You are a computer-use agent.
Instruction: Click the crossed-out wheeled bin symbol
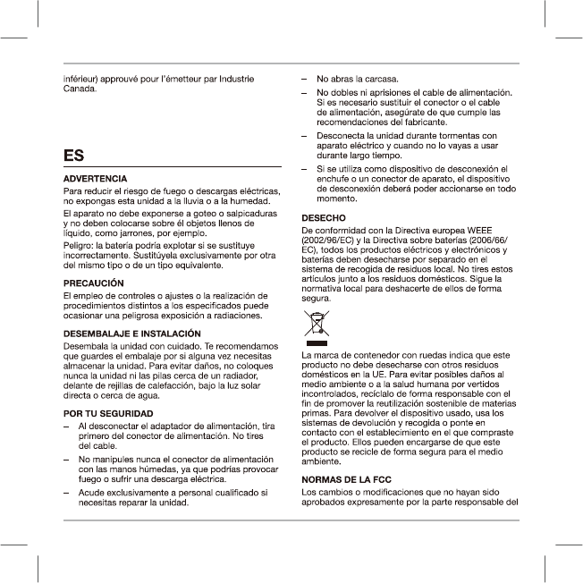[317, 325]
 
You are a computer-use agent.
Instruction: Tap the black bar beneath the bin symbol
[317, 342]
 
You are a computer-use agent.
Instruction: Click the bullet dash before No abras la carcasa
[307, 79]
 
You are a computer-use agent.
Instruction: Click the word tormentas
[453, 135]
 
